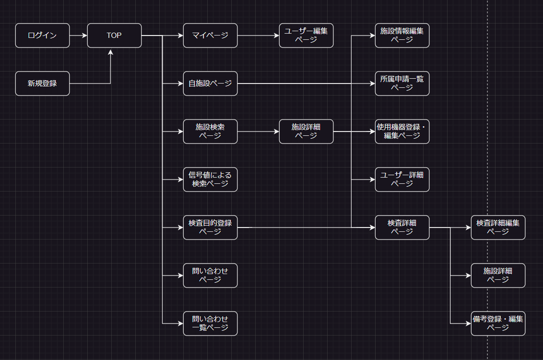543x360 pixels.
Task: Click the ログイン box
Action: tap(42, 36)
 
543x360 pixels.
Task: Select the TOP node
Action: tap(114, 36)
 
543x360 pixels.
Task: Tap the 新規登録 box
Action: tap(42, 84)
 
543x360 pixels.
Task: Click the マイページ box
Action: tap(210, 36)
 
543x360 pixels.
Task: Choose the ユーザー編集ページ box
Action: tap(306, 36)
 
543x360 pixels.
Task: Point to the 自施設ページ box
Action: tap(210, 84)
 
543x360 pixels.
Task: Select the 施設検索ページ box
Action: tap(210, 132)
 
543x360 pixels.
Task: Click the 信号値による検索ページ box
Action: tap(210, 180)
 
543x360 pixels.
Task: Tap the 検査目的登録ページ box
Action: tap(210, 228)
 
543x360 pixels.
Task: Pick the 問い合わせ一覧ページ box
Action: tap(210, 324)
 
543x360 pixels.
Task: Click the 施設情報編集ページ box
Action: tap(402, 36)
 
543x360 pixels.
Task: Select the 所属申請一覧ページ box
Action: tap(402, 84)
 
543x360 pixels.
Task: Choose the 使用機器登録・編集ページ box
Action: tap(402, 132)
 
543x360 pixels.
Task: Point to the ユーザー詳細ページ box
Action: tap(402, 180)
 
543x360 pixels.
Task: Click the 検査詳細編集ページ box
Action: tap(498, 228)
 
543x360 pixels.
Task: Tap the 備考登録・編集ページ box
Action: tap(498, 324)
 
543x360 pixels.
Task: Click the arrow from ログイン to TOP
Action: tap(78, 36)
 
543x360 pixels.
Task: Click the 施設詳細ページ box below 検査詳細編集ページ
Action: tap(498, 276)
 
